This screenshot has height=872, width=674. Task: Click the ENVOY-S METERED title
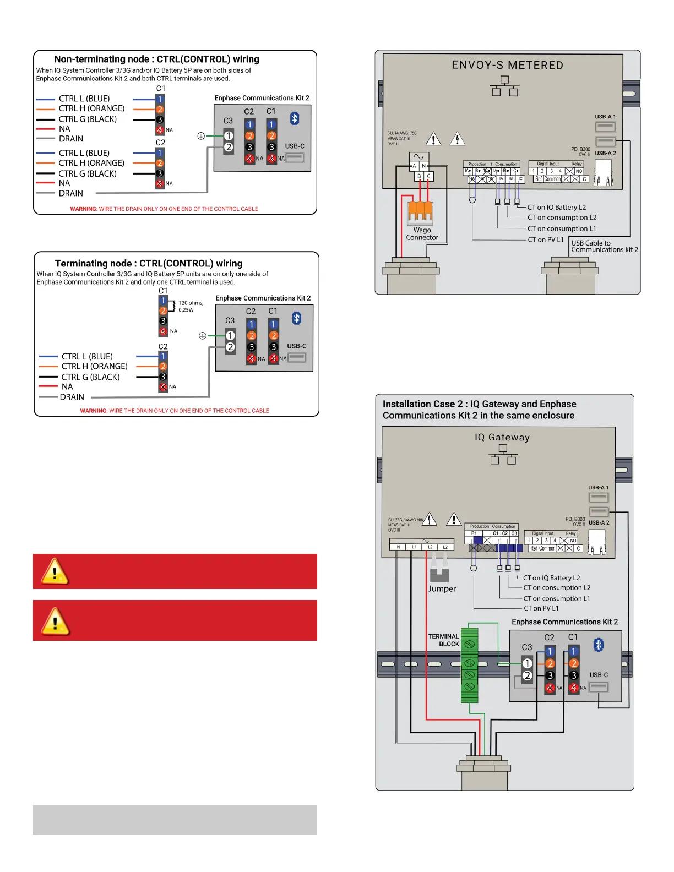[507, 66]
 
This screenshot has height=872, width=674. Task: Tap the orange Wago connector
[420, 212]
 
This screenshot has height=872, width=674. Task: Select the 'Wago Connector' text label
[422, 234]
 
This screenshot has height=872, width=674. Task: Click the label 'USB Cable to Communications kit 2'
[604, 246]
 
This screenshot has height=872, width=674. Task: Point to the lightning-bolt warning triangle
[458, 139]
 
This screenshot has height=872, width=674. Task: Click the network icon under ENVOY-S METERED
[504, 86]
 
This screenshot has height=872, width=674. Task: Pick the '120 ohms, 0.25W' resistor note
[191, 307]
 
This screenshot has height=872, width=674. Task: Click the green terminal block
[469, 665]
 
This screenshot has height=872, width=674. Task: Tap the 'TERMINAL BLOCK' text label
[443, 640]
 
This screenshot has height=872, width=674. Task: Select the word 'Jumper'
[442, 588]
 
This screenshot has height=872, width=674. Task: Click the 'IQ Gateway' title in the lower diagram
[502, 438]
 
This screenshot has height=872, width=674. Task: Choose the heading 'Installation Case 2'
[478, 410]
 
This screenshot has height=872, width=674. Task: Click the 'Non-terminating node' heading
[156, 59]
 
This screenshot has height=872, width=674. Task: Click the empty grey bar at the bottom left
[175, 820]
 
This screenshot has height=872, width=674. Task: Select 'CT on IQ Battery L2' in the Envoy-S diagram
[556, 208]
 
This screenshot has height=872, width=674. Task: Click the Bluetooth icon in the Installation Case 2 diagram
[599, 645]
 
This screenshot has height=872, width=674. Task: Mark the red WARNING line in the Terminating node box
[175, 411]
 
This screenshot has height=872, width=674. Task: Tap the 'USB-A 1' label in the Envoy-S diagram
[605, 117]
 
